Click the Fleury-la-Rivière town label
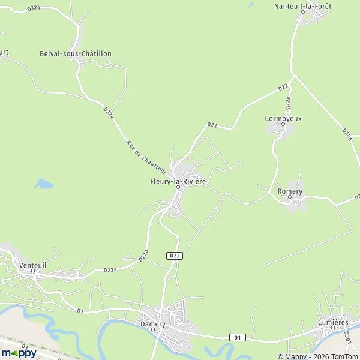(178, 181)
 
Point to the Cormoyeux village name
(283, 118)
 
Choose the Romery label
(290, 191)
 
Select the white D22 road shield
(174, 256)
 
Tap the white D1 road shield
(238, 338)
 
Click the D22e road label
(289, 103)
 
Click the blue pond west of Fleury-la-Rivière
(43, 184)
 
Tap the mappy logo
(19, 353)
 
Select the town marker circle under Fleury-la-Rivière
(178, 188)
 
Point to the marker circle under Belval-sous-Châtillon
(77, 60)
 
